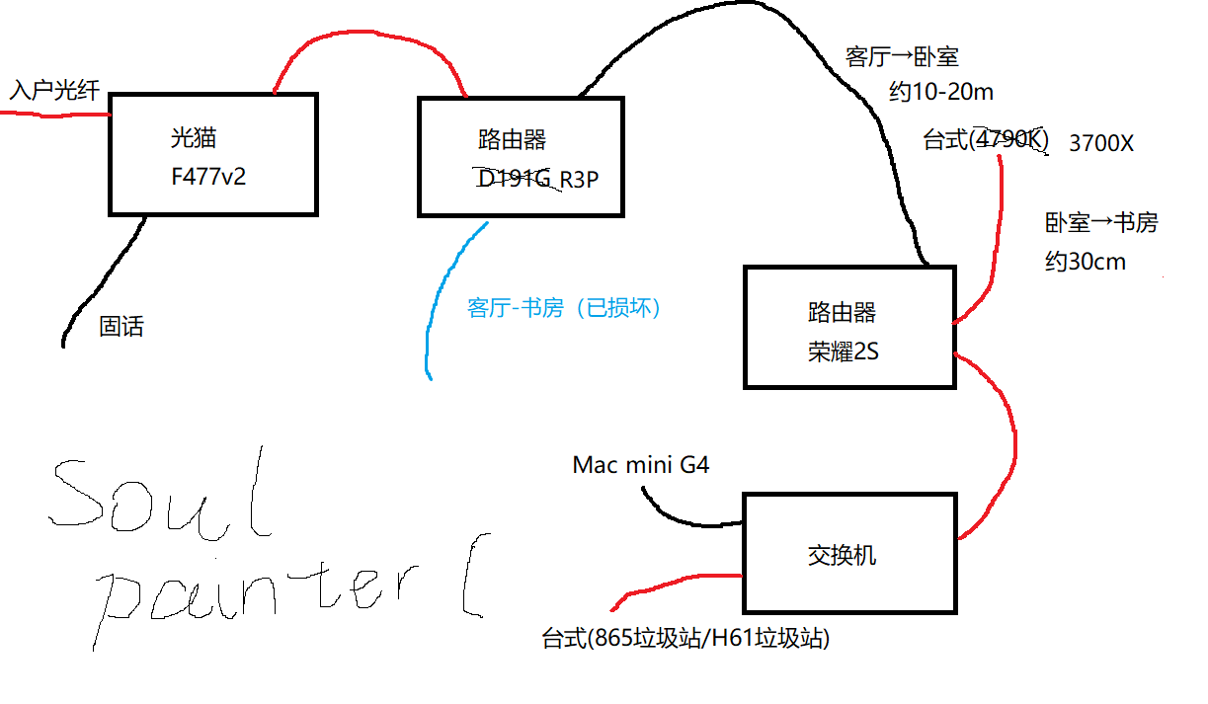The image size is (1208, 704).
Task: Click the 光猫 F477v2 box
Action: click(x=212, y=154)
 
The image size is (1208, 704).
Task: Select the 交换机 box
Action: click(x=849, y=553)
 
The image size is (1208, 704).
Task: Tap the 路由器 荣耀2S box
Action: click(x=849, y=327)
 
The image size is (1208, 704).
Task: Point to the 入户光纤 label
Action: click(x=55, y=91)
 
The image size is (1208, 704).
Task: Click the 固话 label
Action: click(x=121, y=326)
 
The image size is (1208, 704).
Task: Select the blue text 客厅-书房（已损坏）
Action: click(x=564, y=308)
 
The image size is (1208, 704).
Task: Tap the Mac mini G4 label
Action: click(x=640, y=464)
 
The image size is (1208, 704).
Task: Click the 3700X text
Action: click(x=1101, y=143)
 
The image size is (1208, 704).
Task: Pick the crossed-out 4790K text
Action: click(x=1007, y=139)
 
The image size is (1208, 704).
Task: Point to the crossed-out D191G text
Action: click(x=515, y=180)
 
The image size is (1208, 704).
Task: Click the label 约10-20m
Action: click(x=940, y=93)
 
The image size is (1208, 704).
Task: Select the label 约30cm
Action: click(x=1086, y=263)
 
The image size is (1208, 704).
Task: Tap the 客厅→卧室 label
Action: click(x=902, y=56)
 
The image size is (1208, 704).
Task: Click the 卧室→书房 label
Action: click(x=1100, y=223)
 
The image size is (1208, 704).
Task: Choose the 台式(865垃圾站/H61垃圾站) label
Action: click(x=685, y=639)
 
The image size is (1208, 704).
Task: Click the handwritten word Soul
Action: click(x=158, y=499)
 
